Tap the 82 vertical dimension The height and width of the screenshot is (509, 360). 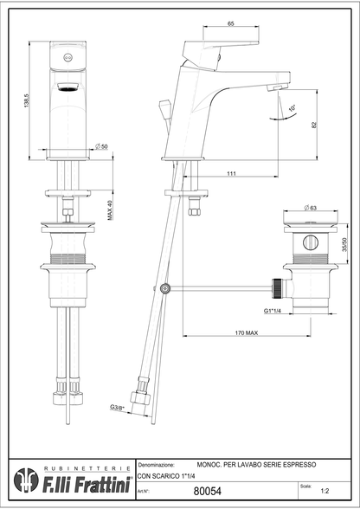[312, 125]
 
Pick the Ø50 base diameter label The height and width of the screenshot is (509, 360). [101, 146]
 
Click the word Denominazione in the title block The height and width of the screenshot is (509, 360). [158, 464]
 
